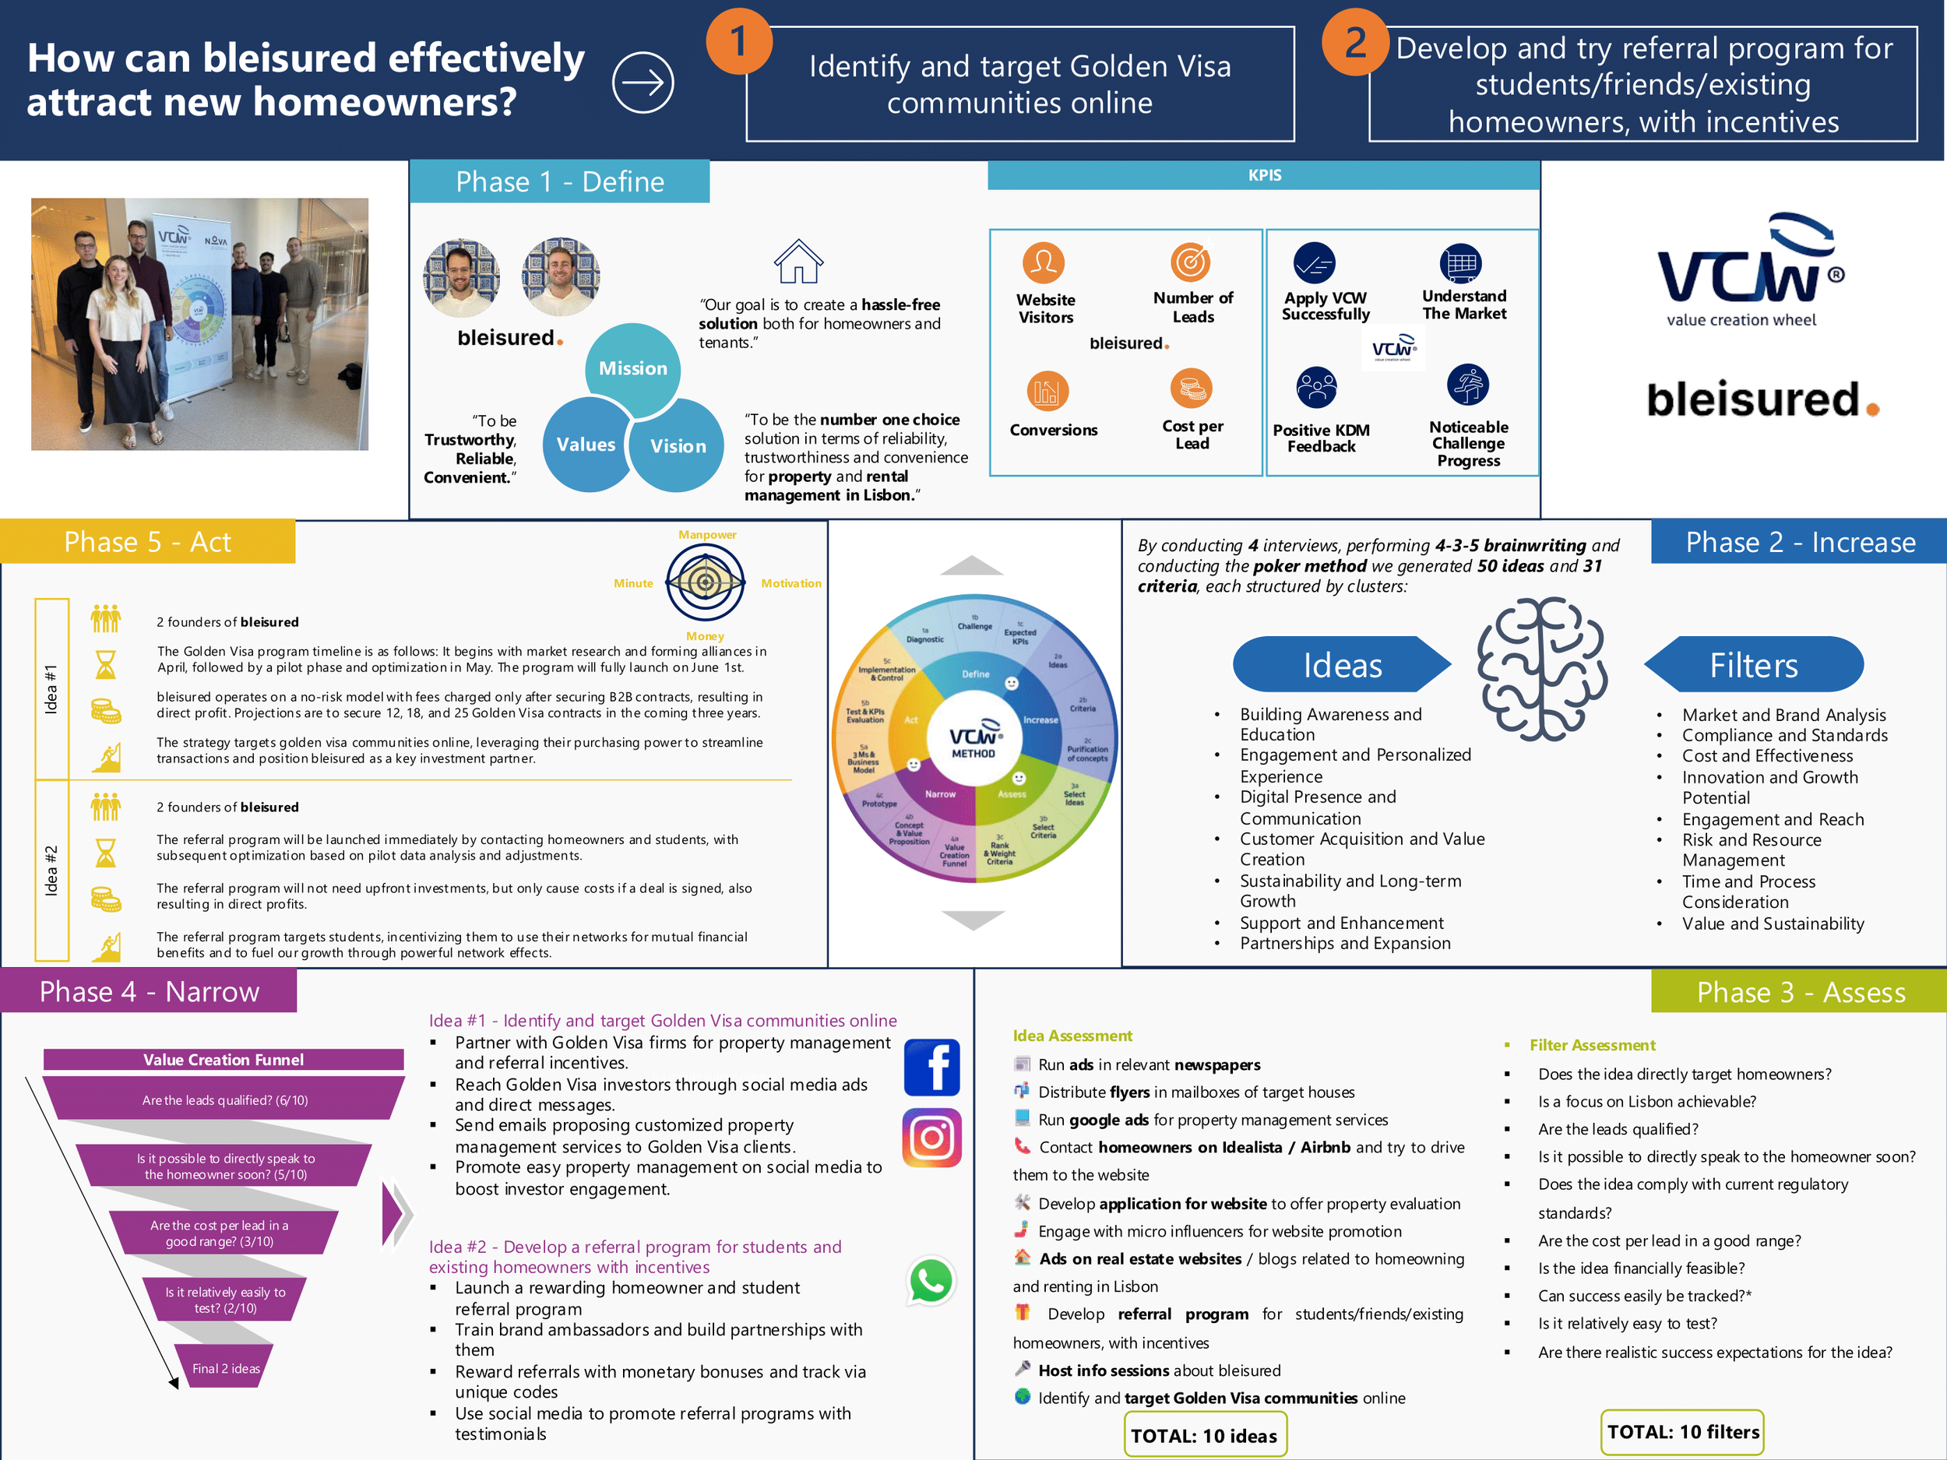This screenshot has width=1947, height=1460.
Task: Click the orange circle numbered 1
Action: click(738, 41)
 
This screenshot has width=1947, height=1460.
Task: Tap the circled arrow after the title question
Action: click(643, 83)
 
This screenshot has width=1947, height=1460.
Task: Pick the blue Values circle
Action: click(586, 445)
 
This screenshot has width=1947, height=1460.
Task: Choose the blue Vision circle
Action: click(678, 446)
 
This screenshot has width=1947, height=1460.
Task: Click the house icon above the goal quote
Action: click(798, 262)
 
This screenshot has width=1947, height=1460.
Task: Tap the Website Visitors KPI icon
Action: click(1044, 262)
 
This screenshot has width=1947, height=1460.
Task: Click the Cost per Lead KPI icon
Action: click(1191, 388)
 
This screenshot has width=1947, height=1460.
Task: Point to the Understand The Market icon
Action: click(1460, 262)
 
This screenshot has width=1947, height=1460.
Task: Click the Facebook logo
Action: click(932, 1067)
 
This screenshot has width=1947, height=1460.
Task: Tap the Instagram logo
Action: click(932, 1138)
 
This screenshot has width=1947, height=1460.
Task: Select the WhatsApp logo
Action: click(931, 1280)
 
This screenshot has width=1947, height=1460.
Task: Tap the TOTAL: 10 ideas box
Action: click(1204, 1435)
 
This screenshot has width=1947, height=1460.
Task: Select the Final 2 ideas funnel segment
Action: click(225, 1368)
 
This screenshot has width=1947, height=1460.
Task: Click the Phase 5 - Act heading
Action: click(148, 542)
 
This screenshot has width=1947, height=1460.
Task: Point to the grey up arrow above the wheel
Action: click(972, 566)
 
